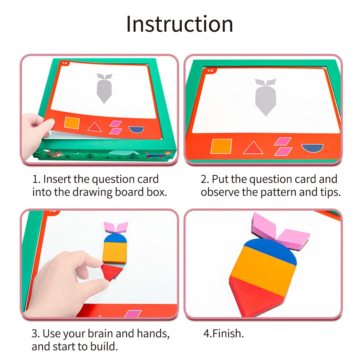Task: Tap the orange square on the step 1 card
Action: pyautogui.click(x=71, y=122)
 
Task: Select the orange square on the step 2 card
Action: pyautogui.click(x=221, y=147)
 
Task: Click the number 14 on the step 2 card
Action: pyautogui.click(x=210, y=71)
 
